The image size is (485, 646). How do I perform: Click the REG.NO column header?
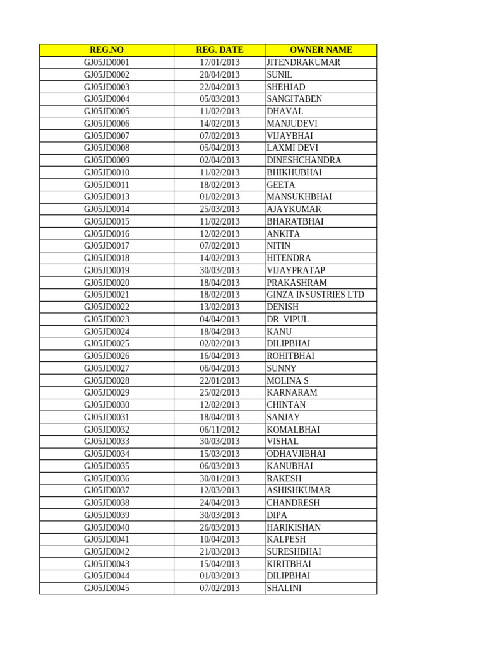(x=106, y=50)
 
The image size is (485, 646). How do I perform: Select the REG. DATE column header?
(x=220, y=50)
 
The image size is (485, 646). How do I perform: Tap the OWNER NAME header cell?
(x=321, y=50)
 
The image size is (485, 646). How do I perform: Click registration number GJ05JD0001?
(x=106, y=62)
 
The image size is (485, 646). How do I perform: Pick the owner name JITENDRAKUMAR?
(x=304, y=62)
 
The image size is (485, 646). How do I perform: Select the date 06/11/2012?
(x=220, y=430)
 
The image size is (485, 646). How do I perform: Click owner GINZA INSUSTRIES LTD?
(x=316, y=295)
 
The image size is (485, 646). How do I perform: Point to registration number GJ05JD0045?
(x=106, y=589)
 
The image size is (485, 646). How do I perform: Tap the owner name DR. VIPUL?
(x=288, y=319)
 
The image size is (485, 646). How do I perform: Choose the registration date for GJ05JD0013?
(x=220, y=197)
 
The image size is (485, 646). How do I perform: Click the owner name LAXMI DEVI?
(x=292, y=148)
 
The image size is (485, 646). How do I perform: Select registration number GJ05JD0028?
(x=106, y=380)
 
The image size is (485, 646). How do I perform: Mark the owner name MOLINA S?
(x=288, y=380)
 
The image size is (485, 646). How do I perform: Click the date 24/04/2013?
(x=220, y=503)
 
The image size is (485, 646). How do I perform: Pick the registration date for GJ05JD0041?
(x=220, y=539)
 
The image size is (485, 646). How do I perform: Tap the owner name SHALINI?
(x=284, y=589)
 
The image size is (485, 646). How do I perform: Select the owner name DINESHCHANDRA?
(x=304, y=160)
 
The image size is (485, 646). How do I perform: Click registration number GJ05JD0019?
(x=106, y=270)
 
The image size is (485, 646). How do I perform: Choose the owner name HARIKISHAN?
(x=294, y=527)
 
